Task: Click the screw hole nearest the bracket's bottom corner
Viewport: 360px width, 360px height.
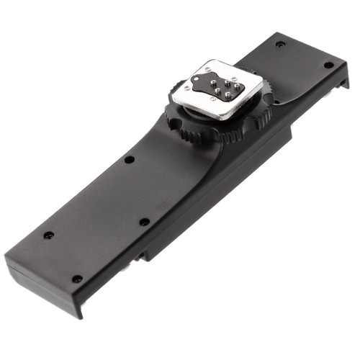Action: [x=76, y=279]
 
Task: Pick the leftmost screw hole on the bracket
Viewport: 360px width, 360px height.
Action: [x=48, y=235]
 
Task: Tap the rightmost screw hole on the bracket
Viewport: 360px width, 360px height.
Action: [x=328, y=65]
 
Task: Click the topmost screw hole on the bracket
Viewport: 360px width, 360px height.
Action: [x=280, y=44]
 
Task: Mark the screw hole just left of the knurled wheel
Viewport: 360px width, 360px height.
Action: [x=129, y=159]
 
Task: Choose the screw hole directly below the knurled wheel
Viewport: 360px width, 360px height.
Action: [x=145, y=222]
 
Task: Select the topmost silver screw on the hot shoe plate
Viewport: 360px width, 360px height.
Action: [x=208, y=67]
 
